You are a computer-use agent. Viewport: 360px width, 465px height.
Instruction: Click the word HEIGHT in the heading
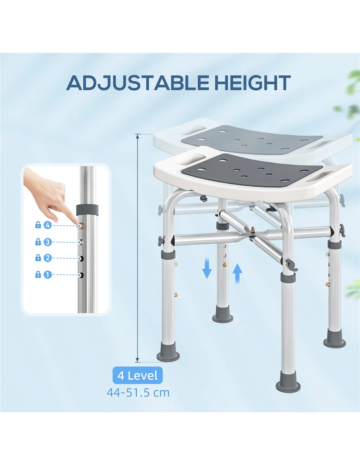coord(253,83)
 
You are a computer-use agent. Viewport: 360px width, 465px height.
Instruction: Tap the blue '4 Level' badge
coord(137,375)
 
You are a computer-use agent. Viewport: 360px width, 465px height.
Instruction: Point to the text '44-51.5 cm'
coord(138,393)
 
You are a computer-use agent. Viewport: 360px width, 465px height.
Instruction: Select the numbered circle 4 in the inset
coord(48,225)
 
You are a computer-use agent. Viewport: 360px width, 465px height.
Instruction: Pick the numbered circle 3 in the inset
coord(48,242)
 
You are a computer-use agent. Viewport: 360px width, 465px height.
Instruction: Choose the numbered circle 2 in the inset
coord(48,258)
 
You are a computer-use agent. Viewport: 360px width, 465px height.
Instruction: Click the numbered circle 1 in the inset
coord(48,275)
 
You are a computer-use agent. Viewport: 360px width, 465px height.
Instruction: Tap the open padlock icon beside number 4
coord(38,225)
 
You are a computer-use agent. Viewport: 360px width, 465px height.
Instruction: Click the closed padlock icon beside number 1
coord(38,274)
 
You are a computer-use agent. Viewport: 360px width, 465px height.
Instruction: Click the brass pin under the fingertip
coord(80,226)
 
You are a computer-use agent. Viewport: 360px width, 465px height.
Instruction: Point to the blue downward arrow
coord(207,268)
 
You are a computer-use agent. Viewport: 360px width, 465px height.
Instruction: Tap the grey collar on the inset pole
coord(87,210)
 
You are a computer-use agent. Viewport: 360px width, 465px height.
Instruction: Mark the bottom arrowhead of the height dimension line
coord(137,360)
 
